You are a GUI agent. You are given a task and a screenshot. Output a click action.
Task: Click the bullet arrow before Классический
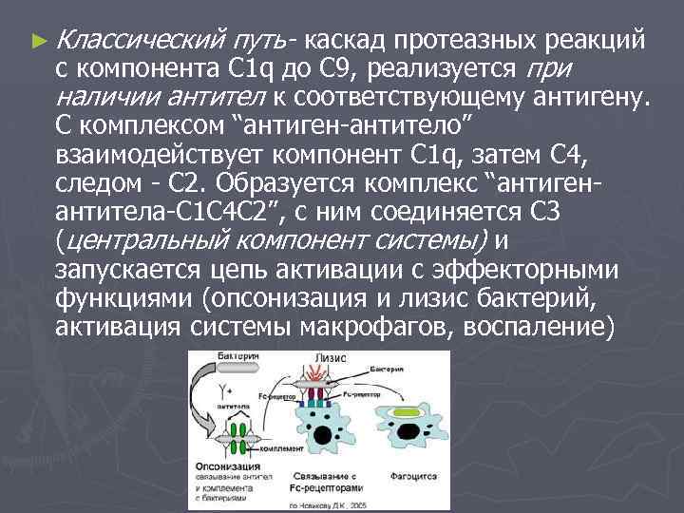pos(37,41)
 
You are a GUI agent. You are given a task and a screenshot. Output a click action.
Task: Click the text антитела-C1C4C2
pos(157,210)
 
